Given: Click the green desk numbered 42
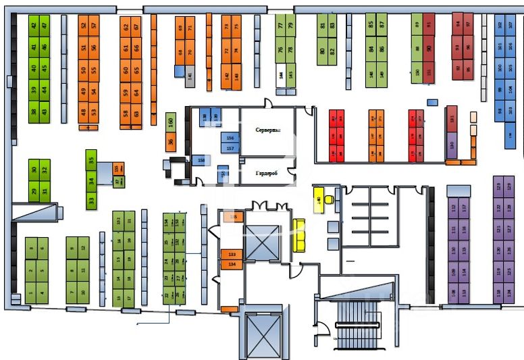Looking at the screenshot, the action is tap(34, 27).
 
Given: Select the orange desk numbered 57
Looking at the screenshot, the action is tap(94, 28).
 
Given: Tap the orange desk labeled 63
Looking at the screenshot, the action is tap(136, 113).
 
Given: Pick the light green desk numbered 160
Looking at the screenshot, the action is tap(171, 122).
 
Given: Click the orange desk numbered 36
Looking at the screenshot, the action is tap(171, 142).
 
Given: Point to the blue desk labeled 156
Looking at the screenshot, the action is tap(230, 138).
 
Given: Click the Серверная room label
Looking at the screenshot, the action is tap(268, 129).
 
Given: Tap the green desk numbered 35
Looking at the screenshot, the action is tap(91, 161).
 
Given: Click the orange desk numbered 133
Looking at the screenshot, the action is tap(232, 254).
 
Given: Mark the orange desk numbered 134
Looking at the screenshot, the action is tap(232, 264).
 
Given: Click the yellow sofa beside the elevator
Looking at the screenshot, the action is tap(298, 235).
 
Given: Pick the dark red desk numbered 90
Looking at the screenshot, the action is tap(429, 48).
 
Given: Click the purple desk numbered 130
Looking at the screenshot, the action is tap(451, 145).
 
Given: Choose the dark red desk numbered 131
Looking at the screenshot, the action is tap(452, 119).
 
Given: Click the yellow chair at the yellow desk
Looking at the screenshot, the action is tap(329, 200).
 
